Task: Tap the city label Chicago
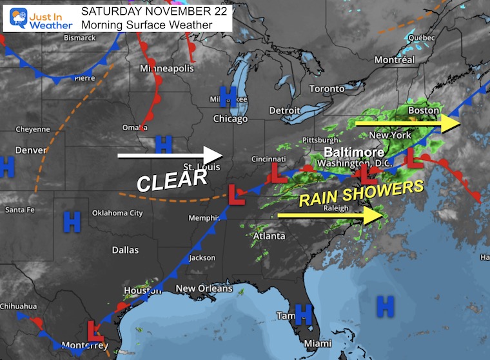[x=230, y=119]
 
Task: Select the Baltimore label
[x=354, y=152]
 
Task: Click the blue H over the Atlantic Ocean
[x=385, y=306]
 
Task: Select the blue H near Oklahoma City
[x=72, y=223]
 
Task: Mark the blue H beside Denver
[x=6, y=166]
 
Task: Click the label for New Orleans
[x=204, y=288]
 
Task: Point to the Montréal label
[x=395, y=60]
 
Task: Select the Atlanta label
[x=269, y=236]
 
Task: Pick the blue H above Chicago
[x=228, y=95]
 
